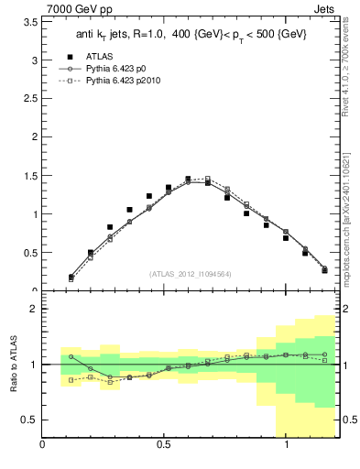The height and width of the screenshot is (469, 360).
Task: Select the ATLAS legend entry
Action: pos(99,58)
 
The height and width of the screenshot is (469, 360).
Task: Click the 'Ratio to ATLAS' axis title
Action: pos(12,365)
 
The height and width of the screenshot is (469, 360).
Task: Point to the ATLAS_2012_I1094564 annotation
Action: pos(189,273)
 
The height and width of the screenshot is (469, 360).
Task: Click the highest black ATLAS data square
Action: pos(188,180)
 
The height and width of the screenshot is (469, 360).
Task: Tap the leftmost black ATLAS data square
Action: pos(71,277)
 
